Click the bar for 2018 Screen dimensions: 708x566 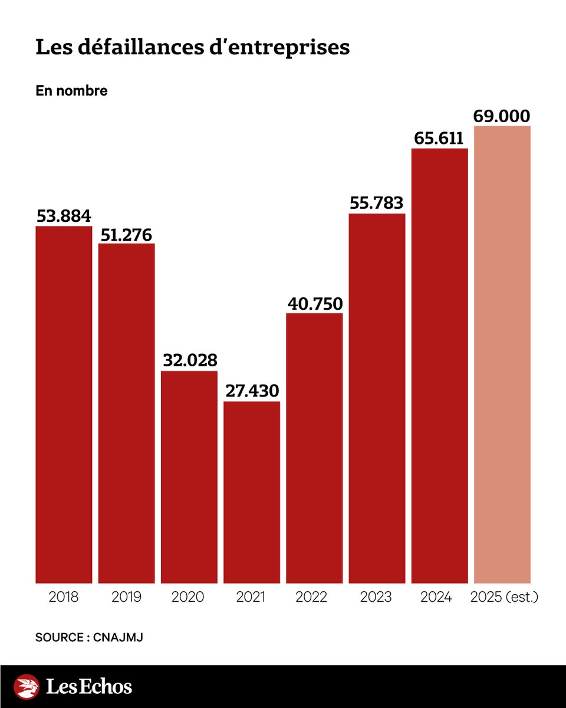pos(64,404)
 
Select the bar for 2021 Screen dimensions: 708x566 pos(252,493)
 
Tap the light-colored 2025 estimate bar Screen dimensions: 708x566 pos(502,354)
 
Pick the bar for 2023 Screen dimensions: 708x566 pos(377,398)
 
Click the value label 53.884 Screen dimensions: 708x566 pos(64,216)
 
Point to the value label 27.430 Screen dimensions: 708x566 pos(252,391)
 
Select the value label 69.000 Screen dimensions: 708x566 pos(502,116)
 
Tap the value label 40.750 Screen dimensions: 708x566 pos(314,303)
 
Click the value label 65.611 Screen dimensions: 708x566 pos(439,139)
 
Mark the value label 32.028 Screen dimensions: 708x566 pos(189,360)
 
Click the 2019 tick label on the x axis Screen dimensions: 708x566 pos(126,597)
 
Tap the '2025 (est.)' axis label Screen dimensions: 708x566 pos(505,597)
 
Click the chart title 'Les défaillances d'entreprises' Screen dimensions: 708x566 pos(193,48)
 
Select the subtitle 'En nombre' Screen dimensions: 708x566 pos(71,91)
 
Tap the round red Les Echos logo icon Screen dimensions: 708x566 pos(27,687)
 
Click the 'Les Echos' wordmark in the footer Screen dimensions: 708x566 pos(89,687)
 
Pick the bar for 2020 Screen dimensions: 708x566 pos(189,477)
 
